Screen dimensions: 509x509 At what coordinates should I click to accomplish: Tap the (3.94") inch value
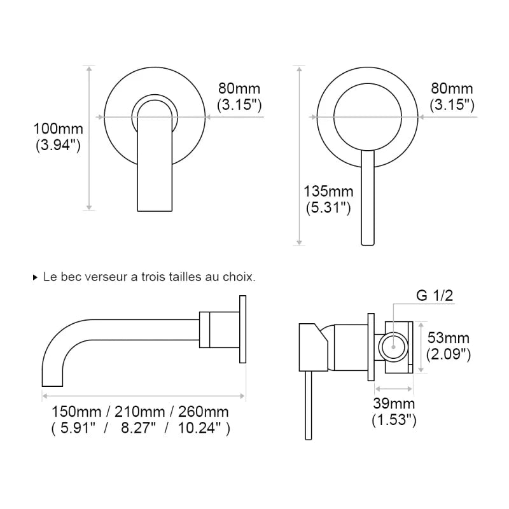tap(58, 145)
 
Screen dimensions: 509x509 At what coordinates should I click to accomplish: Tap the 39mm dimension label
tap(394, 403)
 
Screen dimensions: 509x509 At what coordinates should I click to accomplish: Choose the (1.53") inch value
tap(394, 419)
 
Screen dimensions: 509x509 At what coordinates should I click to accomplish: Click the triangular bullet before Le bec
tap(35, 278)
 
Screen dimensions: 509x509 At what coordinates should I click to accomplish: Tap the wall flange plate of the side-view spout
tap(242, 330)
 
